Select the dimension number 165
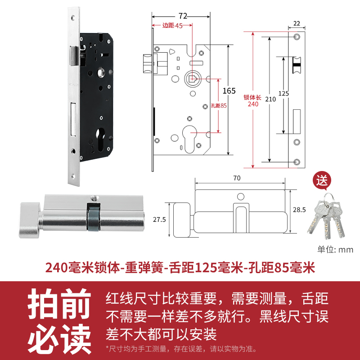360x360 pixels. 229,90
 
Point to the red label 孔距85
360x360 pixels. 218,106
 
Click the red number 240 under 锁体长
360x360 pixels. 253,104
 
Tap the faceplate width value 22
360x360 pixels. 296,23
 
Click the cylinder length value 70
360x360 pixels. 237,178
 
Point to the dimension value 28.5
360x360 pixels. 299,210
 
